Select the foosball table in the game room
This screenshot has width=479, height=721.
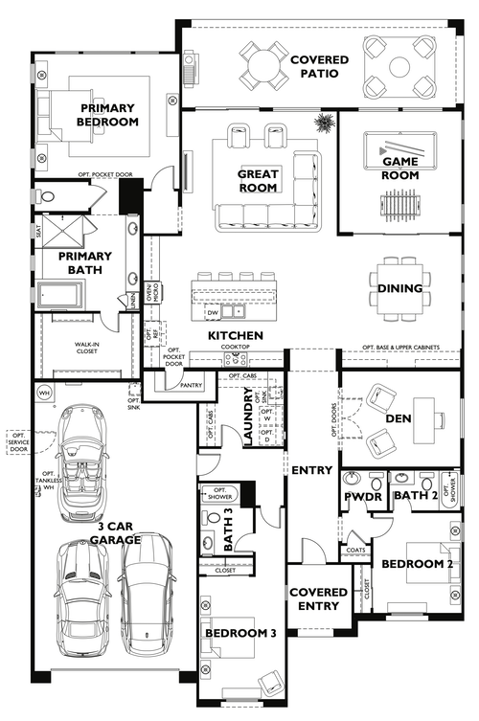399,205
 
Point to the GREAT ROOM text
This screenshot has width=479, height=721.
259,181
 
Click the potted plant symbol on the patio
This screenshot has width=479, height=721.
325,123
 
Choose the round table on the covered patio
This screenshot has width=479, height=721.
262,65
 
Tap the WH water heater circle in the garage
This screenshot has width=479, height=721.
44,393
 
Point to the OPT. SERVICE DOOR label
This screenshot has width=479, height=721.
17,441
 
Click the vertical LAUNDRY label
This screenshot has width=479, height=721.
247,422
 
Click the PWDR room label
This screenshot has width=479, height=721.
362,498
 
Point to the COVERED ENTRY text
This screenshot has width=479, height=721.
318,598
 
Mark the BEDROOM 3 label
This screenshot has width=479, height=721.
240,633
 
